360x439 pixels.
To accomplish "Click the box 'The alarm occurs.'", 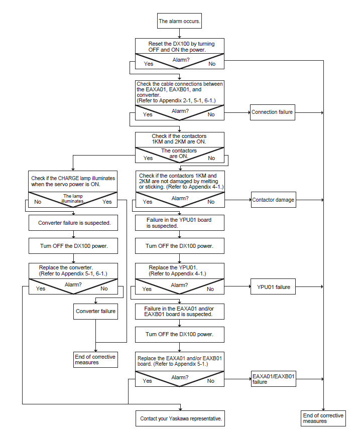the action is [x=179, y=21].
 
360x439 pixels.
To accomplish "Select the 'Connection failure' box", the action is [x=272, y=112].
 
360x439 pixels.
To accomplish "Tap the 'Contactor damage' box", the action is [x=274, y=200].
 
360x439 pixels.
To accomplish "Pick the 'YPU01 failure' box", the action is [x=273, y=286].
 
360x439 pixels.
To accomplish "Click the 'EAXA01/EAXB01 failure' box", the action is [x=274, y=379].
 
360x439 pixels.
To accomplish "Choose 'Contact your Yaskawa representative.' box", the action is [x=180, y=418].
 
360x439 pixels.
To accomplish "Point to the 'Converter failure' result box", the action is [x=95, y=312].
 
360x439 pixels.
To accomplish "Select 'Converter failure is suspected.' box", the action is [x=73, y=223].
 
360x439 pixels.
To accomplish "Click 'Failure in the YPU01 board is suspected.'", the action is [x=180, y=223].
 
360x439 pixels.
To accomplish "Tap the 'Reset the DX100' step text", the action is [x=181, y=47].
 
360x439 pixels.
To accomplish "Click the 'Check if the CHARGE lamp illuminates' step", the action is [x=73, y=181].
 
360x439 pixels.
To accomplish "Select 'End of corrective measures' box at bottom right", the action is [x=323, y=418].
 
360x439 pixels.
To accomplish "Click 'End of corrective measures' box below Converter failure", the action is [x=95, y=360].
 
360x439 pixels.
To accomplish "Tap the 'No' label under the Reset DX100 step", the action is [x=212, y=64].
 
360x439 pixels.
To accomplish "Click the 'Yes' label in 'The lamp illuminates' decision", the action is [x=107, y=202].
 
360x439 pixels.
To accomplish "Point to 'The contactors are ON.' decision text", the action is [x=179, y=154].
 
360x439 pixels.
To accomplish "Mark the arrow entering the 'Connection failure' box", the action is [x=237, y=112].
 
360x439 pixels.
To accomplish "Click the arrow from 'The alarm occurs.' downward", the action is [x=180, y=33].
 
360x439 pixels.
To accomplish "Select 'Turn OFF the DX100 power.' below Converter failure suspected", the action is [x=74, y=246].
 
